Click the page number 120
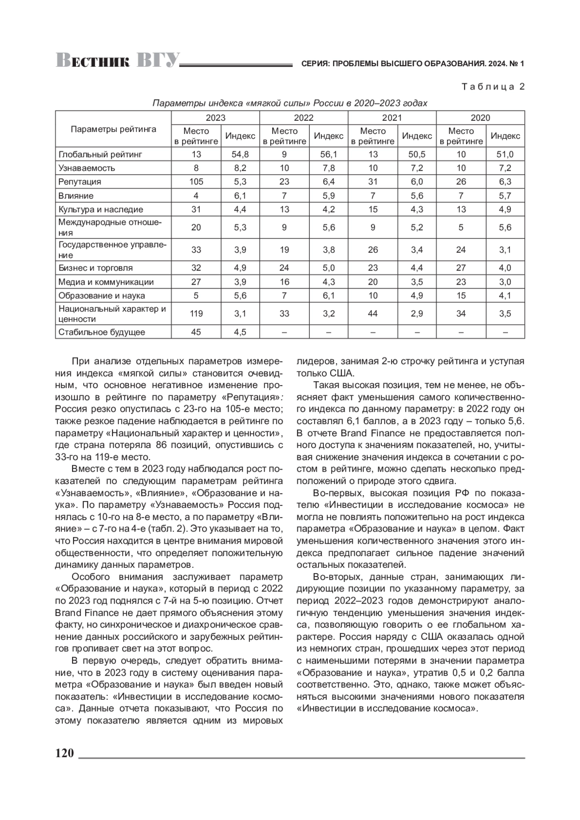coord(64,753)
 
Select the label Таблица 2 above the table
coord(493,87)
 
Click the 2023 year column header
coord(215,117)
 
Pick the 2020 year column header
coord(480,117)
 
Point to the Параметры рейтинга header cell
coord(114,129)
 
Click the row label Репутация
coord(80,182)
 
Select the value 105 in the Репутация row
coord(196,182)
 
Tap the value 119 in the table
coord(196,314)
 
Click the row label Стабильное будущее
coord(101,332)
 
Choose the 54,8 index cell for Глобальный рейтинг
coord(240,154)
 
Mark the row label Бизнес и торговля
coord(95,268)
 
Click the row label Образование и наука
coord(101,295)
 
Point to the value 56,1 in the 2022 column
coord(329,154)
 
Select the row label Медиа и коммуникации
coord(106,282)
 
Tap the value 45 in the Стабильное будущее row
coord(196,332)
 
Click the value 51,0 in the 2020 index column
coord(505,154)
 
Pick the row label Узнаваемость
coord(87,168)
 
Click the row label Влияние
coord(76,196)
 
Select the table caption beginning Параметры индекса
coord(290,103)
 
